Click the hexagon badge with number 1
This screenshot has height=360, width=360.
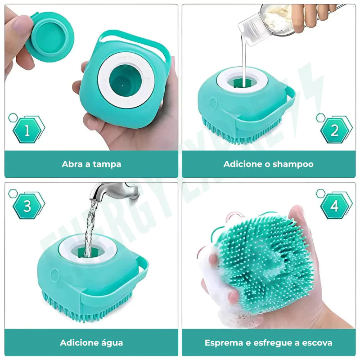(x=27, y=130)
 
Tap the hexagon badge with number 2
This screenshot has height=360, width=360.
(x=335, y=130)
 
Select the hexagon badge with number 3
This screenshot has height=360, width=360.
(x=27, y=206)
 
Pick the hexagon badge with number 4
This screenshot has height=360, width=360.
(x=335, y=206)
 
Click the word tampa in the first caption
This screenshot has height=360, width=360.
(x=107, y=164)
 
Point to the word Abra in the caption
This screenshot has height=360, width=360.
(x=72, y=164)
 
